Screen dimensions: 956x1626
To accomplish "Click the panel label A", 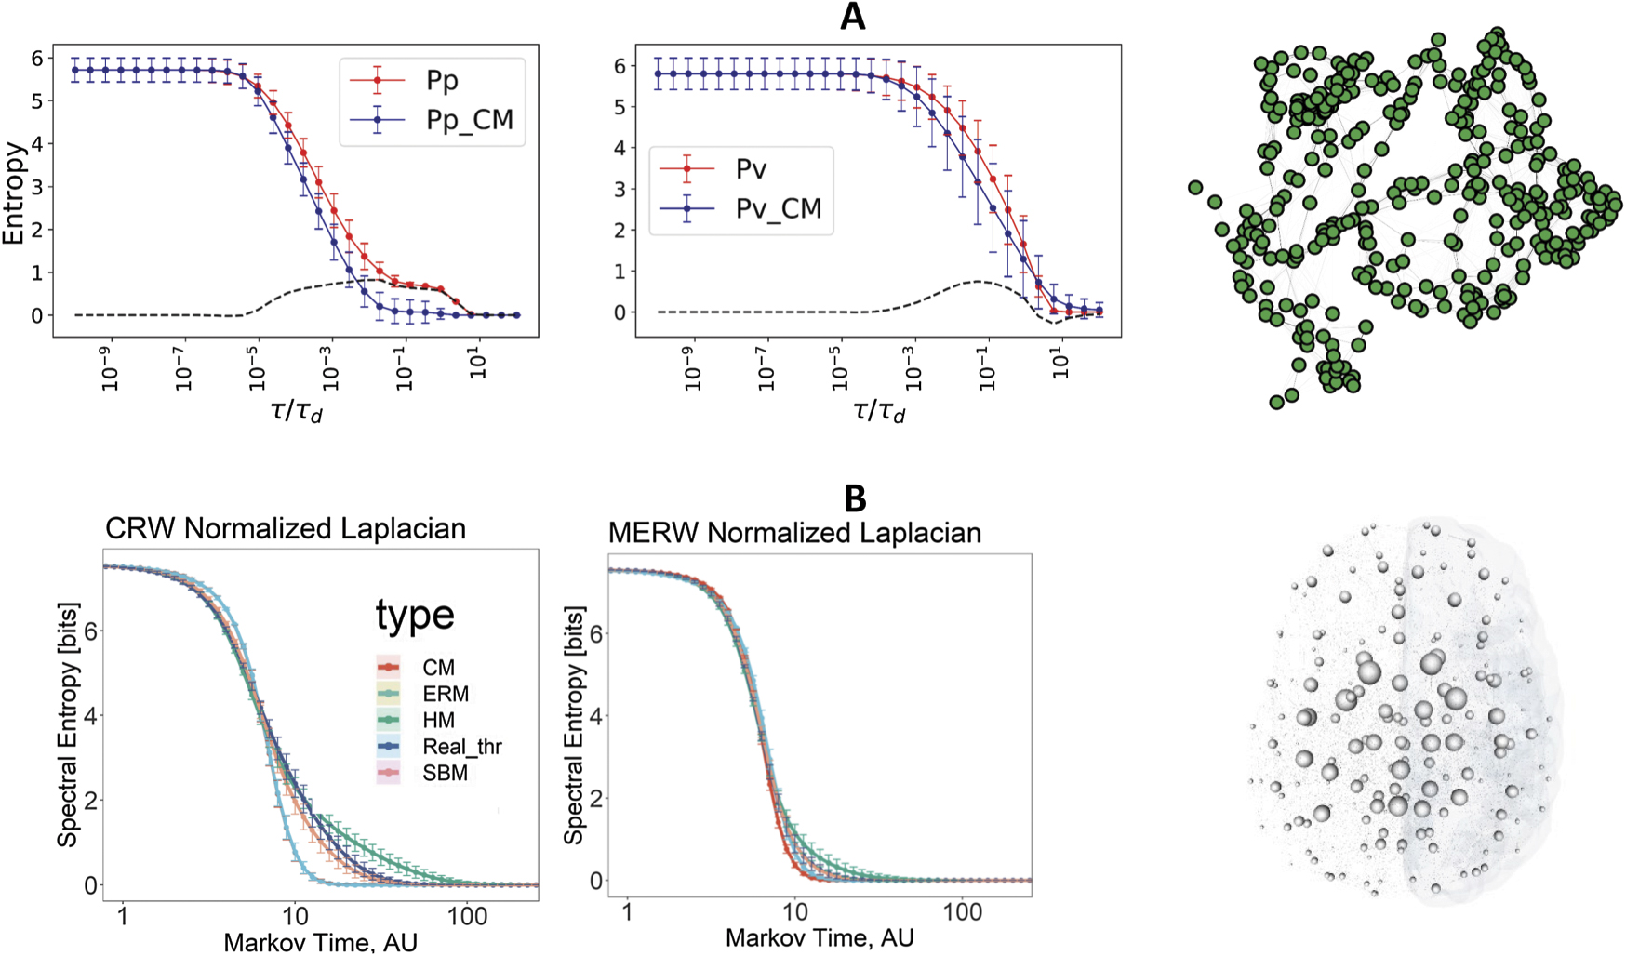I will click(852, 18).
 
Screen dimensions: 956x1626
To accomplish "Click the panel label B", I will click(854, 499).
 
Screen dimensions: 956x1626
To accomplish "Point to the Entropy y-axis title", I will click(13, 193).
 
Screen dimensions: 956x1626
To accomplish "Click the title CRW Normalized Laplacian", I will click(285, 528).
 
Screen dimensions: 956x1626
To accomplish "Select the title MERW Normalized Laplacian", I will click(794, 533).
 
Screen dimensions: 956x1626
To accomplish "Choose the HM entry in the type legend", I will click(438, 721).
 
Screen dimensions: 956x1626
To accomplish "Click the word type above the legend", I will click(415, 616).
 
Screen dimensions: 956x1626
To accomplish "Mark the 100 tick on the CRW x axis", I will click(467, 916).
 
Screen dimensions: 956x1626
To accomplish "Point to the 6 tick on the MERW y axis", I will click(596, 633).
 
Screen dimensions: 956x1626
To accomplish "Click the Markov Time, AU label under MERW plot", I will click(820, 937).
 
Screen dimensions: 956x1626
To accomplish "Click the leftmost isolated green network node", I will click(1195, 188).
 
